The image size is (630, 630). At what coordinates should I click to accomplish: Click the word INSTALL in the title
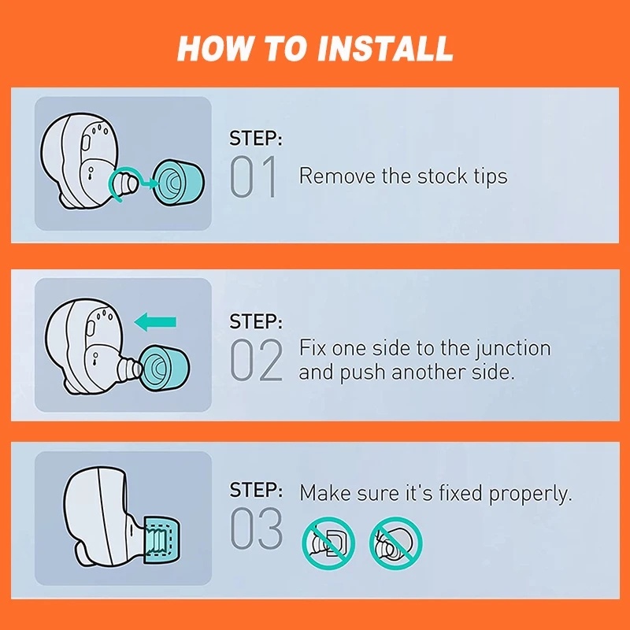point(385,48)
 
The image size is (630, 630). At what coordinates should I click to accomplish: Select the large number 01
point(254,176)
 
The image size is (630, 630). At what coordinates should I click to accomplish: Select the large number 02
point(256,360)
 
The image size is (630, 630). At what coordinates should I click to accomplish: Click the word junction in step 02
point(513,349)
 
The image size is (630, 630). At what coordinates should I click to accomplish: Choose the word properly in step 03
point(530,495)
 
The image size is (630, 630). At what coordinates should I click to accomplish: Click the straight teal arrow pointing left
point(155,322)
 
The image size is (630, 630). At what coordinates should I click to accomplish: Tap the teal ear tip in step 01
point(178,183)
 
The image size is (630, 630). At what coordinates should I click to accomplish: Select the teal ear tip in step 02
point(165,369)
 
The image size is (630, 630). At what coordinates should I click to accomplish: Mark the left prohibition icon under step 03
point(328,543)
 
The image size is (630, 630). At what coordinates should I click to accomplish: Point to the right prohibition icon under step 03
point(396,543)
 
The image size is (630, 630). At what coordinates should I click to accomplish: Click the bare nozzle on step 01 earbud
point(124,183)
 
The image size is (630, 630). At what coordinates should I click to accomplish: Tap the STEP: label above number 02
point(256,321)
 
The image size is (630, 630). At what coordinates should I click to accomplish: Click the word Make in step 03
point(325,493)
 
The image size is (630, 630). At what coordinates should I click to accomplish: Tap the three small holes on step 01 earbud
point(100,129)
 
